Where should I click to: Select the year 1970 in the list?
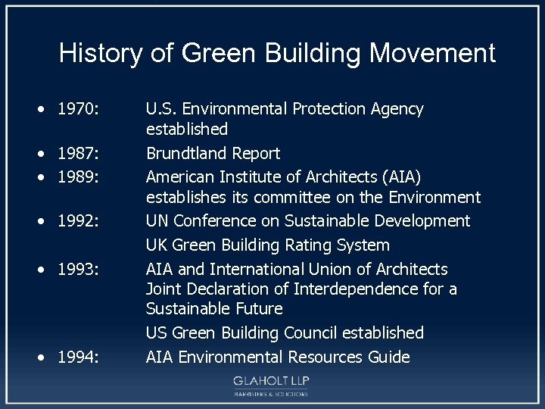point(78,110)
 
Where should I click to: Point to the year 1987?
point(78,154)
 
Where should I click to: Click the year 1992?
point(78,222)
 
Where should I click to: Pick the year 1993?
point(78,270)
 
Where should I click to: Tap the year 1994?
point(78,357)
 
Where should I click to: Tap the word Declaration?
point(222,289)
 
